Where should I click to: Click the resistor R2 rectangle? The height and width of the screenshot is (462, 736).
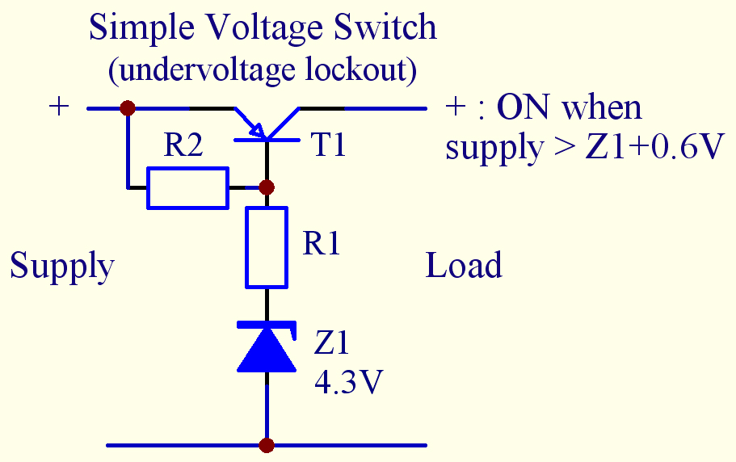coord(187,188)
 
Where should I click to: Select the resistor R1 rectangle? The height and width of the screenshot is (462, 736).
coord(267,247)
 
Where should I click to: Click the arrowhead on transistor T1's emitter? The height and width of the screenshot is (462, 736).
coord(255,128)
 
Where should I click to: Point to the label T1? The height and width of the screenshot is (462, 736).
coord(328,145)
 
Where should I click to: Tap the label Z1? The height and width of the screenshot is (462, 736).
coord(331,344)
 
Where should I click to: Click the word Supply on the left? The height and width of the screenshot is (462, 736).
coord(61,266)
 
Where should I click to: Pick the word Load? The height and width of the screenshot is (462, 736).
coord(464,266)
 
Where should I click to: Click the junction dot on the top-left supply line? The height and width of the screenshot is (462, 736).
coord(127,107)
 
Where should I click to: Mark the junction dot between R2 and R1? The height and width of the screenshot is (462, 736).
coord(267,187)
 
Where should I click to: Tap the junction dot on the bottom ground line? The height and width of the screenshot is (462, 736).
coord(267,445)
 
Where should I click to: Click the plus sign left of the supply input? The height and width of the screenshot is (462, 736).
coord(59,107)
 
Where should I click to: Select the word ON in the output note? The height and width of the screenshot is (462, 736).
coord(524,107)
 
